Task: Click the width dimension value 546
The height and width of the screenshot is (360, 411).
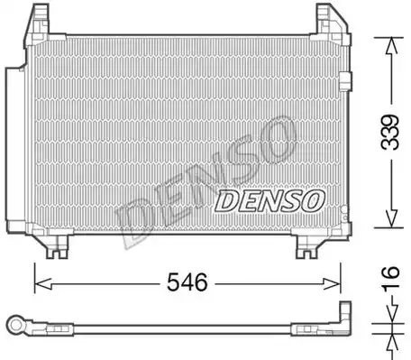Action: click(187, 282)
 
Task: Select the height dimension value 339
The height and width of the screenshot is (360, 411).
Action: click(390, 132)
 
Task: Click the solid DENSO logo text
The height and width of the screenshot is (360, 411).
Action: click(269, 200)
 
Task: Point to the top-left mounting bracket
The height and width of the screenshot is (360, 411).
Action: click(37, 25)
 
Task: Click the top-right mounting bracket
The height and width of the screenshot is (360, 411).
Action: click(333, 24)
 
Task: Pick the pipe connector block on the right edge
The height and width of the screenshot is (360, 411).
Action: click(345, 81)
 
